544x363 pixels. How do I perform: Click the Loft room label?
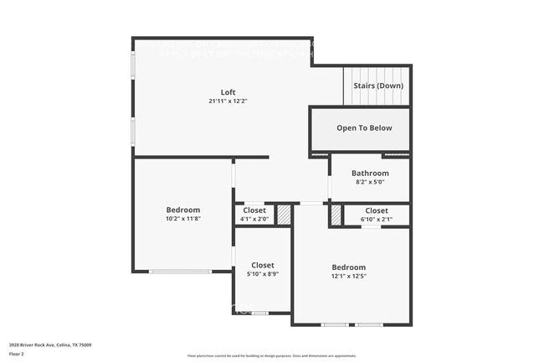pyautogui.click(x=228, y=91)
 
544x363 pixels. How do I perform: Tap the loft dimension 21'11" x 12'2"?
pyautogui.click(x=228, y=101)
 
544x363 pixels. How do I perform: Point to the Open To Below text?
pyautogui.click(x=363, y=128)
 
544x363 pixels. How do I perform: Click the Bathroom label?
pyautogui.click(x=370, y=173)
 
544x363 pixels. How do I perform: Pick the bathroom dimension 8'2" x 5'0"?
pyautogui.click(x=370, y=182)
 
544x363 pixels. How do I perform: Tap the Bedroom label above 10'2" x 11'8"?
pyautogui.click(x=182, y=210)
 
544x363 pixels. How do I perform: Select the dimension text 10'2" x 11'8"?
pyautogui.click(x=182, y=219)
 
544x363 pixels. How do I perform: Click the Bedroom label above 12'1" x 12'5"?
pyautogui.click(x=348, y=267)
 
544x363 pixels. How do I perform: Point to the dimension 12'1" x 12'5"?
pyautogui.click(x=348, y=276)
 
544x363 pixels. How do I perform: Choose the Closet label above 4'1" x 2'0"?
pyautogui.click(x=254, y=210)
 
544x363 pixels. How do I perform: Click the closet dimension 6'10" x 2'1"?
pyautogui.click(x=376, y=220)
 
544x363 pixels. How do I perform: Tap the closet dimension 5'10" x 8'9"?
pyautogui.click(x=262, y=274)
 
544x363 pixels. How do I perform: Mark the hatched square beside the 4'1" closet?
pyautogui.click(x=284, y=215)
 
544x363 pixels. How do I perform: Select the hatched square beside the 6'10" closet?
pyautogui.click(x=336, y=215)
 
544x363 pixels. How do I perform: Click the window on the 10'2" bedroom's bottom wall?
pyautogui.click(x=180, y=271)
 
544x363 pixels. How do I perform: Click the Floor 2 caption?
pyautogui.click(x=18, y=354)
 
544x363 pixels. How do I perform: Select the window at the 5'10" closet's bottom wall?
pyautogui.click(x=260, y=313)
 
